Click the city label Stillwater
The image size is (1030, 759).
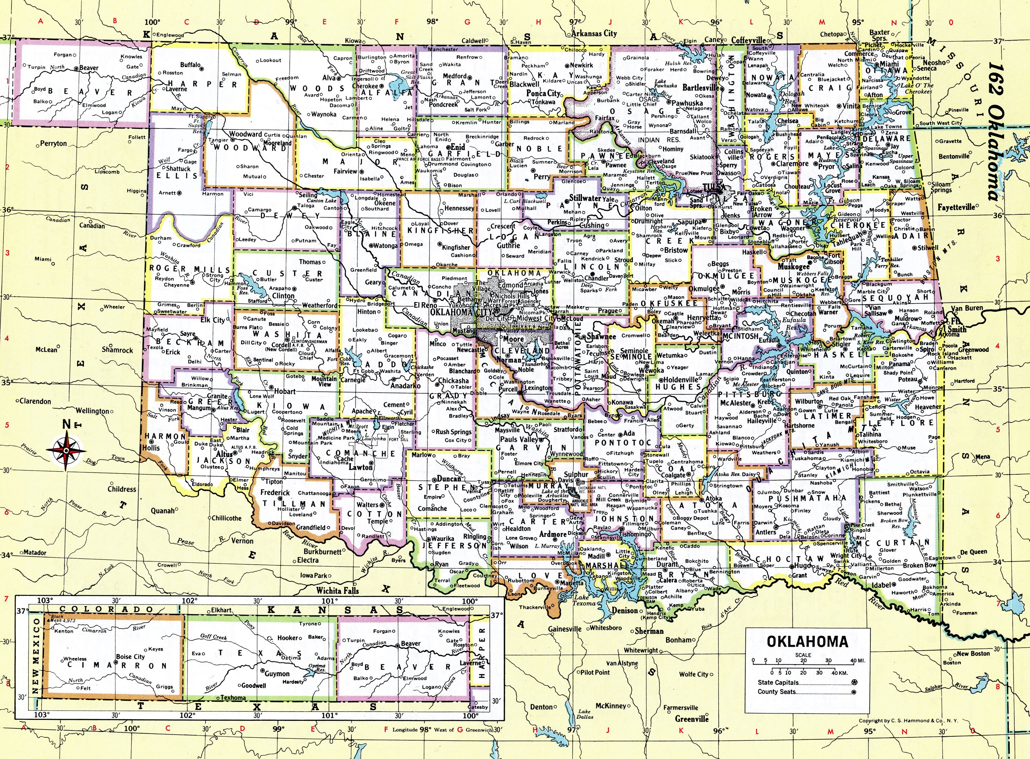585,199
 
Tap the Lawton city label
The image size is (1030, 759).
360,467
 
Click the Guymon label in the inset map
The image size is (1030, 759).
277,673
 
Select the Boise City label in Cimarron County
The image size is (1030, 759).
130,657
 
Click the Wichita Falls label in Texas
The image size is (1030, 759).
337,591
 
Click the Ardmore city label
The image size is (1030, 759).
552,534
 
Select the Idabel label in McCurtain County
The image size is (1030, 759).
882,585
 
